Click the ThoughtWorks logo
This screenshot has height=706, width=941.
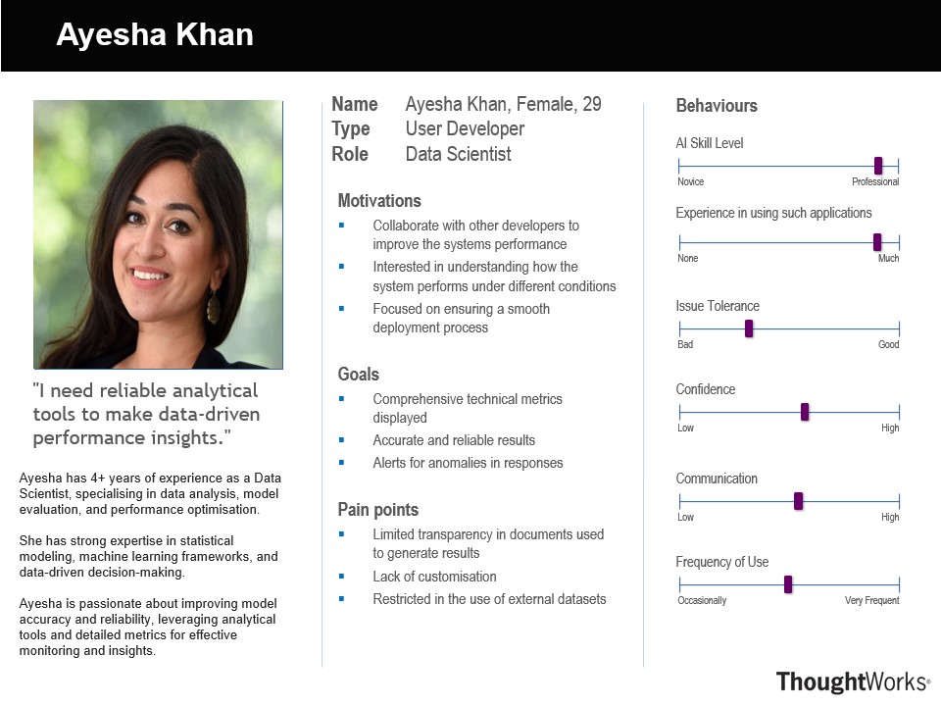pos(853,681)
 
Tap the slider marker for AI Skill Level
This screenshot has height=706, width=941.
pos(878,166)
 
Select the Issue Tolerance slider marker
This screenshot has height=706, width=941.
pos(749,328)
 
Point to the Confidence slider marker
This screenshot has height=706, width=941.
pos(805,412)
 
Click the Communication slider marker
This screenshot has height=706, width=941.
pos(798,501)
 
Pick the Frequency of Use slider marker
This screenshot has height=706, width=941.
pos(788,584)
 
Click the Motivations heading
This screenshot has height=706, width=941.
pos(379,201)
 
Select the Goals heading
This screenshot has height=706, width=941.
pos(358,375)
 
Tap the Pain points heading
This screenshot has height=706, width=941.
pos(377,510)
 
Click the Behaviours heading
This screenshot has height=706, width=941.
pos(717,106)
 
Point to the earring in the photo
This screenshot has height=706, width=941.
pos(213,306)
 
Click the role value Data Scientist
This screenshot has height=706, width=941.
pos(458,154)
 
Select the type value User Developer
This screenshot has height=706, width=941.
pos(465,128)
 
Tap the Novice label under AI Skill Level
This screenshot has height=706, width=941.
pos(690,182)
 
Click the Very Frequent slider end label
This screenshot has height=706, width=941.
pos(871,600)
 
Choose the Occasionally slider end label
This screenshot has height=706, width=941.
pos(702,600)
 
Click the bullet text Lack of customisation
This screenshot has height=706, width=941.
pos(434,577)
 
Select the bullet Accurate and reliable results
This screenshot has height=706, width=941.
pos(454,440)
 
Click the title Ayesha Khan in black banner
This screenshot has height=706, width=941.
pos(155,35)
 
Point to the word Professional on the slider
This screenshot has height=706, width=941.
pos(875,182)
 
